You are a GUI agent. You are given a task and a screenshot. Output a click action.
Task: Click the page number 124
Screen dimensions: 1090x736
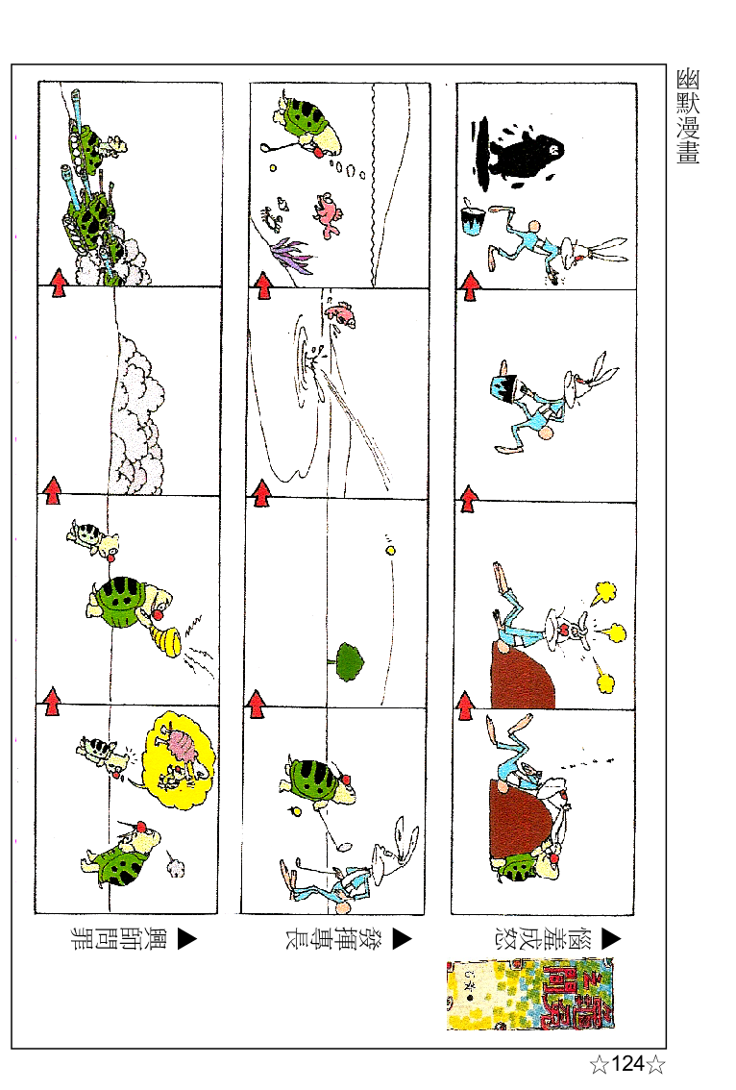click(627, 1064)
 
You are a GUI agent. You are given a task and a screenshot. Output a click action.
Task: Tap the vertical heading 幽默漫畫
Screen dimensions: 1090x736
click(687, 115)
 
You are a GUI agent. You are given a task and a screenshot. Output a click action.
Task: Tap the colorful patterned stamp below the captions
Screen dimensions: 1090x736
click(532, 994)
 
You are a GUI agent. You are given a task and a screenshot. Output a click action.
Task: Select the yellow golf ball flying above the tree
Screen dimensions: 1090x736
click(390, 551)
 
